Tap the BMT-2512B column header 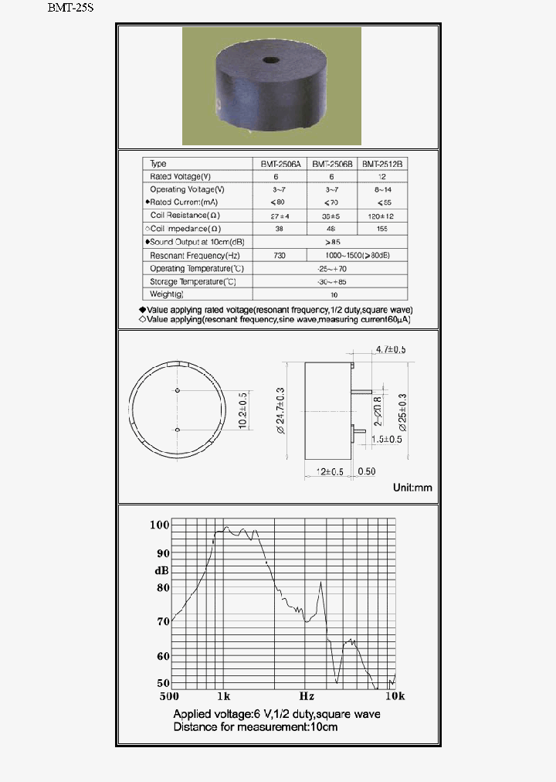point(383,164)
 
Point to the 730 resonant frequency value point(280,255)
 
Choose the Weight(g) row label point(167,294)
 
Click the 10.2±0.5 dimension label point(243,410)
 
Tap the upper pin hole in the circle point(178,391)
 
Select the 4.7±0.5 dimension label point(390,350)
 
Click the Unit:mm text point(412,488)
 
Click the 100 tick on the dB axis point(158,525)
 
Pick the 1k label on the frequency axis point(222,695)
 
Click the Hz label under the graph point(307,695)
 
